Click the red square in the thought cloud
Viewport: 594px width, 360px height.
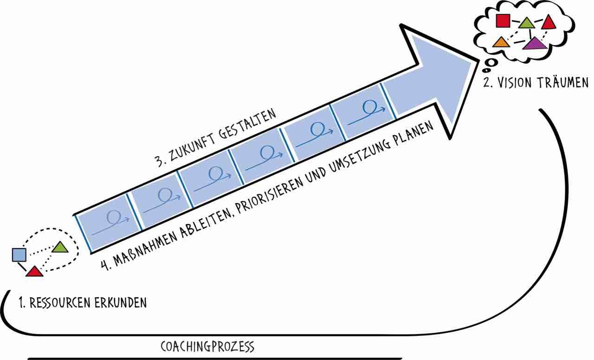(503, 21)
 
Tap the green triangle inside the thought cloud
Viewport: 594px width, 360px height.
(527, 23)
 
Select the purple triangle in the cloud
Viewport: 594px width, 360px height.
(535, 44)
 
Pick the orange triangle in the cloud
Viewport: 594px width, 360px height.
(501, 42)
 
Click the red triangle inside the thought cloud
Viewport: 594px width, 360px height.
(549, 22)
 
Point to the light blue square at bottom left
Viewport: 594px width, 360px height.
(19, 255)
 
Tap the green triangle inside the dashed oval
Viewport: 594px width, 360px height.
(60, 247)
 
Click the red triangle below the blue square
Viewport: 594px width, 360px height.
(34, 272)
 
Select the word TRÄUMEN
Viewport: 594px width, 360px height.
(563, 82)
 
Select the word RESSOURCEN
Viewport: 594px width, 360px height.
(61, 303)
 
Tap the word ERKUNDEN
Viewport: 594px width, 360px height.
(121, 303)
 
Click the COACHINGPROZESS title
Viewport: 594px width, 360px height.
(207, 347)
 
